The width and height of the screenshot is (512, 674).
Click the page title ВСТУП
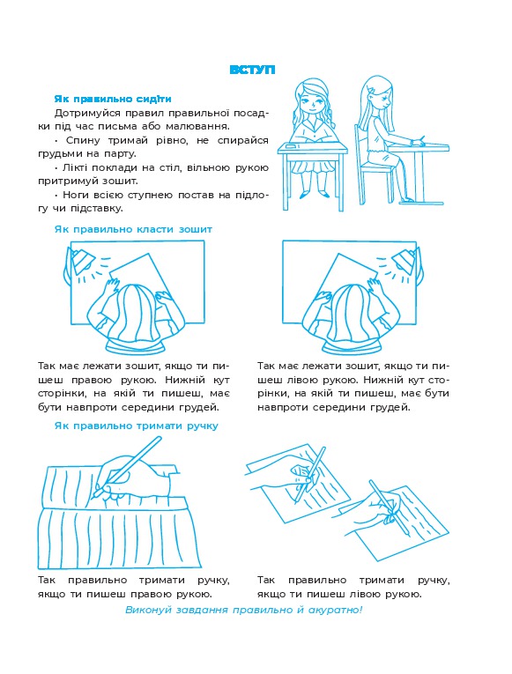252,70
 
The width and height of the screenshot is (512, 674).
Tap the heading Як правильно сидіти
113,99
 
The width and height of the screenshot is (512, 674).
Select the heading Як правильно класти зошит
133,229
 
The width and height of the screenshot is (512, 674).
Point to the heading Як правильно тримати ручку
137,426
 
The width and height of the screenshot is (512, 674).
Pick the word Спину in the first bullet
83,140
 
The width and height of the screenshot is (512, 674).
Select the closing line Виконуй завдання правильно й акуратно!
244,610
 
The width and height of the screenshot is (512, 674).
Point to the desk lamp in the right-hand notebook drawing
404,260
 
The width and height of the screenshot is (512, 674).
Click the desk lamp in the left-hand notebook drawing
82,260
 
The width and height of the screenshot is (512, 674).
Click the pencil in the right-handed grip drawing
128,465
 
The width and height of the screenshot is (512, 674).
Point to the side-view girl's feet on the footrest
406,199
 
